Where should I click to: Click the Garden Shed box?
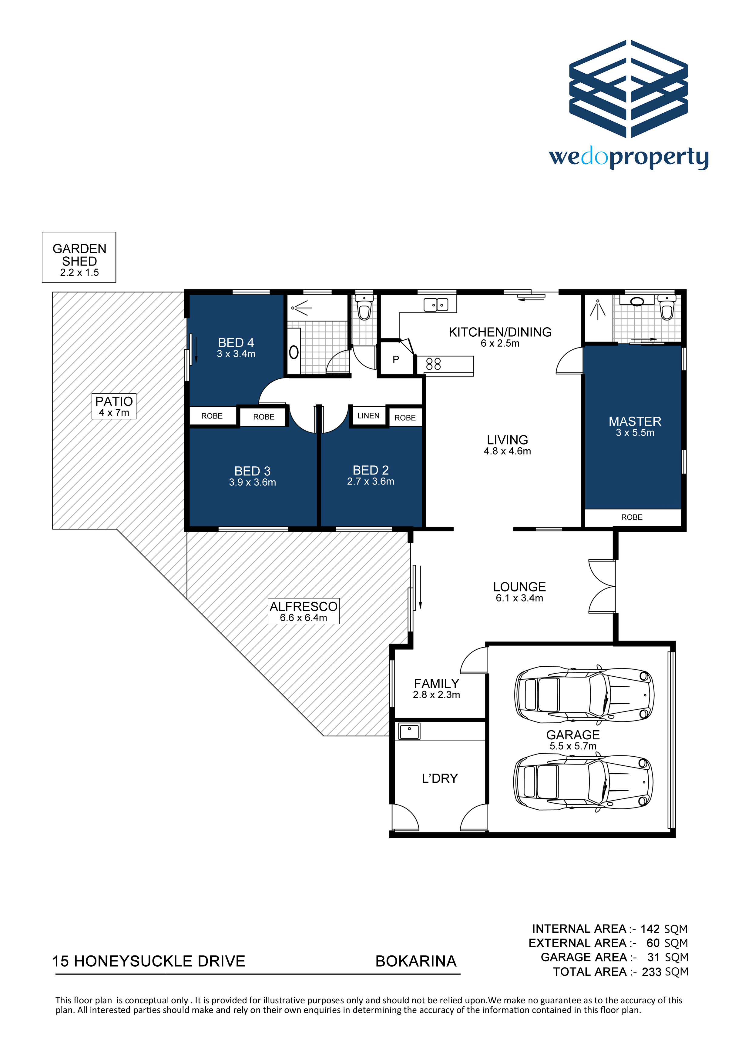(x=79, y=257)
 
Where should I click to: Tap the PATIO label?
(x=114, y=402)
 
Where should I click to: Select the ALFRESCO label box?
(x=304, y=611)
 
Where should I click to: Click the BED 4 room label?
(x=236, y=343)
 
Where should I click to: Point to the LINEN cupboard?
(x=368, y=416)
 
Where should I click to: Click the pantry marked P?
(x=396, y=359)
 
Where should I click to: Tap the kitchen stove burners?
(x=434, y=364)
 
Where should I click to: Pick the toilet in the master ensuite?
(x=667, y=308)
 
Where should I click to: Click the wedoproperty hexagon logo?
(x=628, y=88)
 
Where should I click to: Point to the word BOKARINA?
(x=416, y=961)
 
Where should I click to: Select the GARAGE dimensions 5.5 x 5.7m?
(x=573, y=746)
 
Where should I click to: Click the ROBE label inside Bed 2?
(x=405, y=418)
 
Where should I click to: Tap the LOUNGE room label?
(x=519, y=587)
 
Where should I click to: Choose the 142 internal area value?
(x=650, y=929)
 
